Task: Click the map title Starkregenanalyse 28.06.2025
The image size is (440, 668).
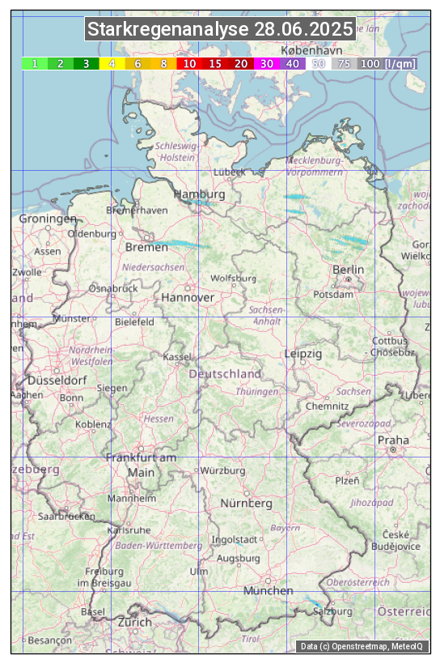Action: (x=220, y=30)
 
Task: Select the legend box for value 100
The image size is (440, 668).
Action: (x=370, y=63)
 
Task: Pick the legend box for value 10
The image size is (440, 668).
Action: (x=189, y=63)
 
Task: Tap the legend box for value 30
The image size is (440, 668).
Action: (x=266, y=63)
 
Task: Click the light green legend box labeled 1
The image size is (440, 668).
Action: (x=35, y=63)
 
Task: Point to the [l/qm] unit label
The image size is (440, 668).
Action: (x=400, y=63)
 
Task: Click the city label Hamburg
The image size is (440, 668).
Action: (x=199, y=194)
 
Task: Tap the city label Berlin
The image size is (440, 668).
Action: (x=348, y=269)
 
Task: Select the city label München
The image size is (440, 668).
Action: (x=269, y=590)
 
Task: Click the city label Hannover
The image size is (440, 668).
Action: (x=188, y=297)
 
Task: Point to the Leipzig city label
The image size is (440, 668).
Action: (x=303, y=354)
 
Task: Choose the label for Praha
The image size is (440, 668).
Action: (x=392, y=440)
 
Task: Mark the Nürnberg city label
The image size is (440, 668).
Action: (x=247, y=503)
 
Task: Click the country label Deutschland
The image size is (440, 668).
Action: (x=225, y=373)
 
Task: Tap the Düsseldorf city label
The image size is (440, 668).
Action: (x=57, y=380)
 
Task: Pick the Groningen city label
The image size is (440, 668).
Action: (x=48, y=219)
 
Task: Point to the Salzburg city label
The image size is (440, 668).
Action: (x=333, y=611)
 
